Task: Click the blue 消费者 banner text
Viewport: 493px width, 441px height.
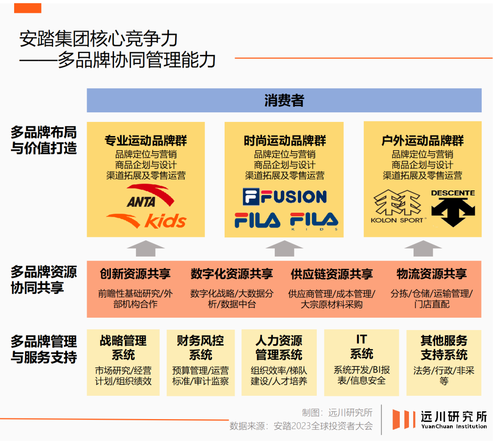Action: click(284, 100)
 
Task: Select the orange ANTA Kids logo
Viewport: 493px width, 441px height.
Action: click(146, 220)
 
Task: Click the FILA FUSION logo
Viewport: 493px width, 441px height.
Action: click(284, 196)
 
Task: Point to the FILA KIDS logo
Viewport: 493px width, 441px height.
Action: click(315, 220)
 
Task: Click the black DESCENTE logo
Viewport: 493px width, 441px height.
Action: click(453, 208)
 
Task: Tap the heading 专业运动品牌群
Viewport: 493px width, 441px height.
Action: click(146, 140)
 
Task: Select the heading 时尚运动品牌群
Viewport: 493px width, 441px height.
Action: click(284, 140)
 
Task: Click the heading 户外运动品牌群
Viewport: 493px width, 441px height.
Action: click(422, 140)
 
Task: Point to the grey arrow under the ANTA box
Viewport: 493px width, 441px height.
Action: click(146, 249)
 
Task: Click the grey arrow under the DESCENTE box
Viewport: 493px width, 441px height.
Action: click(423, 249)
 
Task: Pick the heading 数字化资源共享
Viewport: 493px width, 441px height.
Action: click(231, 274)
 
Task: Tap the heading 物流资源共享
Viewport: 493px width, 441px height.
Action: click(431, 274)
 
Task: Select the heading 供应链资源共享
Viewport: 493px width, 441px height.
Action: click(331, 274)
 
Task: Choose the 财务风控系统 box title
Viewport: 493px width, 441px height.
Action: click(200, 347)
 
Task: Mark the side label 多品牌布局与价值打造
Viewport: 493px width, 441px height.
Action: click(44, 141)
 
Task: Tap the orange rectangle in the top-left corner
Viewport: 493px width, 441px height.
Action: click(27, 8)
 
